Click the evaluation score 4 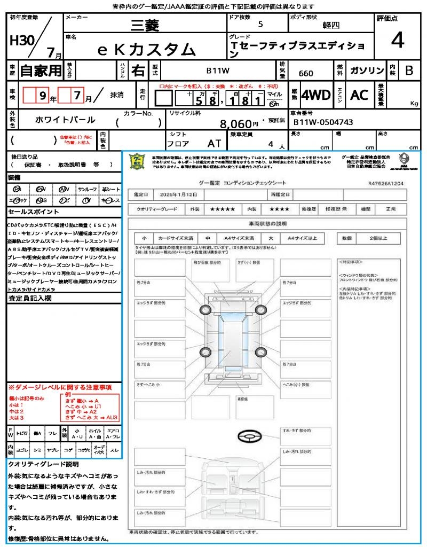click(397, 41)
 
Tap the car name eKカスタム click(147, 49)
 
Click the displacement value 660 click(306, 73)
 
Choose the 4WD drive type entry click(316, 95)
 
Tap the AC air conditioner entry click(359, 95)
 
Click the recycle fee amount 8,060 click(235, 124)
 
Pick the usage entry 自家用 click(41, 71)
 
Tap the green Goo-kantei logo click(138, 161)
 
